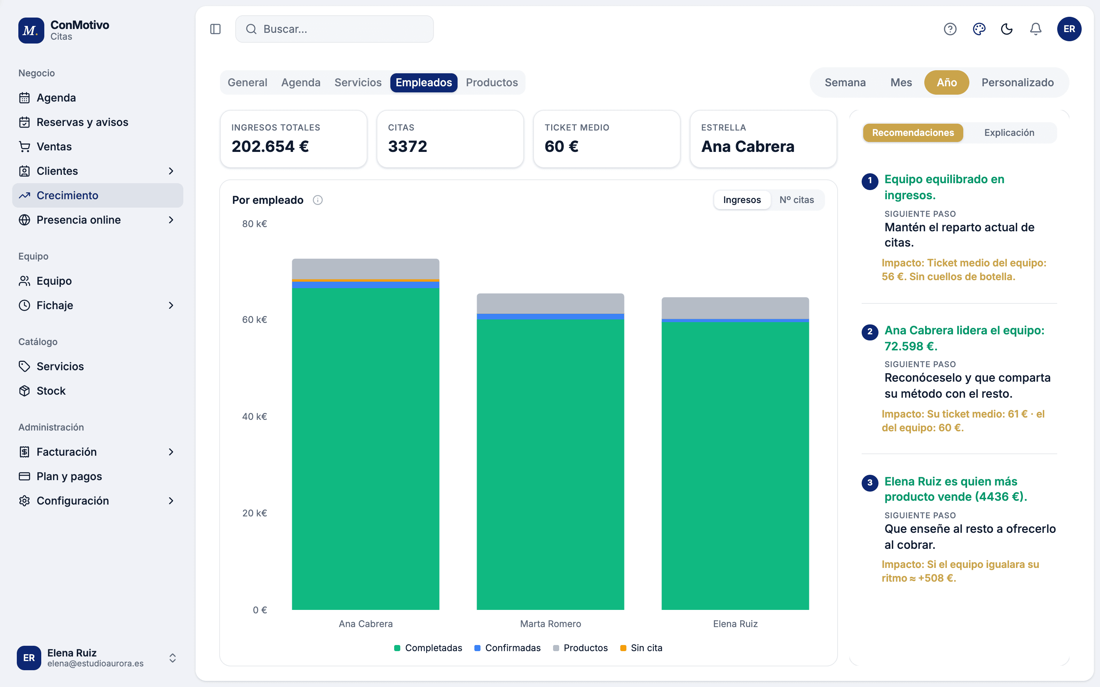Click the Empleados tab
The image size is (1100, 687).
tap(424, 82)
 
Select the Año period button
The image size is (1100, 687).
tap(946, 82)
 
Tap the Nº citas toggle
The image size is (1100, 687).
tap(796, 200)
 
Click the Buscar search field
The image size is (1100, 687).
tap(334, 29)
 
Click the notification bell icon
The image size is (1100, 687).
tap(1035, 29)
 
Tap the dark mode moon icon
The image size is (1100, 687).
tap(1007, 29)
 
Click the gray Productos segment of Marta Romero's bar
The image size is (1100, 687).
tap(550, 303)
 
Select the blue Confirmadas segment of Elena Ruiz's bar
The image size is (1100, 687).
tap(735, 321)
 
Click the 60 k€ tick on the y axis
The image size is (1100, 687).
tap(254, 320)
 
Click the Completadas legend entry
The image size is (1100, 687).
tap(428, 648)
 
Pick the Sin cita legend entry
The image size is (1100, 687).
tap(641, 648)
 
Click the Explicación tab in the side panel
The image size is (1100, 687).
tap(1009, 133)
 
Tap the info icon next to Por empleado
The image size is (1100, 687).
tap(318, 200)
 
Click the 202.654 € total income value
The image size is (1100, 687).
tap(270, 146)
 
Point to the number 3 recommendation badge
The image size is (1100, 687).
tap(870, 482)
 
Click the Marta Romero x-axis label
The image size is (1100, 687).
tap(550, 624)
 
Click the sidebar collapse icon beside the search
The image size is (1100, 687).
tap(215, 29)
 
